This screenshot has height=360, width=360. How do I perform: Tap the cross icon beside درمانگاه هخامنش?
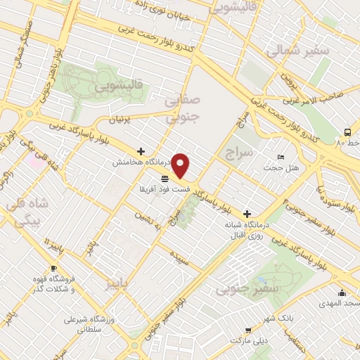coord(141,151)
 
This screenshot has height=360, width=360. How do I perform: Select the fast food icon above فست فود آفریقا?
coord(165,179)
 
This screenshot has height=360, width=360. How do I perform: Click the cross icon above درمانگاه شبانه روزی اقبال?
coord(246,213)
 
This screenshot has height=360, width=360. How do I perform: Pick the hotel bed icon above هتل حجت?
coord(281,157)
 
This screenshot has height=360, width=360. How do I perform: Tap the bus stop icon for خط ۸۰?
coord(347,132)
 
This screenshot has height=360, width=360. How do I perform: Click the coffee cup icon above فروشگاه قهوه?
coord(53,269)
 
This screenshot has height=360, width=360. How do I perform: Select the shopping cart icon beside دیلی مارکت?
coord(247,330)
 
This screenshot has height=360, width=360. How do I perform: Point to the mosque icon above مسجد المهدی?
coord(342,293)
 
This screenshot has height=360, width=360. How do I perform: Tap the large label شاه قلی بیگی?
coord(26,212)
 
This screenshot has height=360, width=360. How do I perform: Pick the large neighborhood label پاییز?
coord(118,284)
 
